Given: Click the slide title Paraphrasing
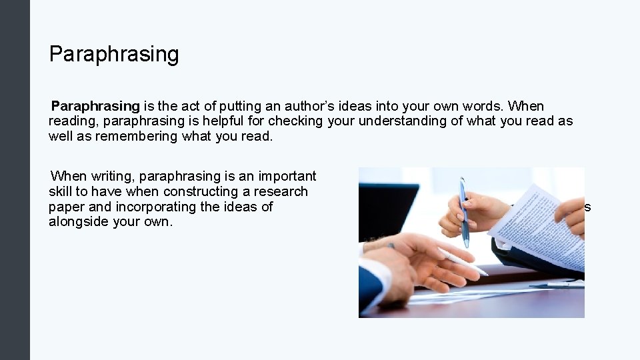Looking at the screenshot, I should point(114,54).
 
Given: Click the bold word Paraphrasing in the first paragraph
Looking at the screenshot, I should point(95,106).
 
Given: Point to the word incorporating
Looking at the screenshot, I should point(150,207).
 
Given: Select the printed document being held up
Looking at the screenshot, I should point(537,227).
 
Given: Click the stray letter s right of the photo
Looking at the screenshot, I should point(588,207).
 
